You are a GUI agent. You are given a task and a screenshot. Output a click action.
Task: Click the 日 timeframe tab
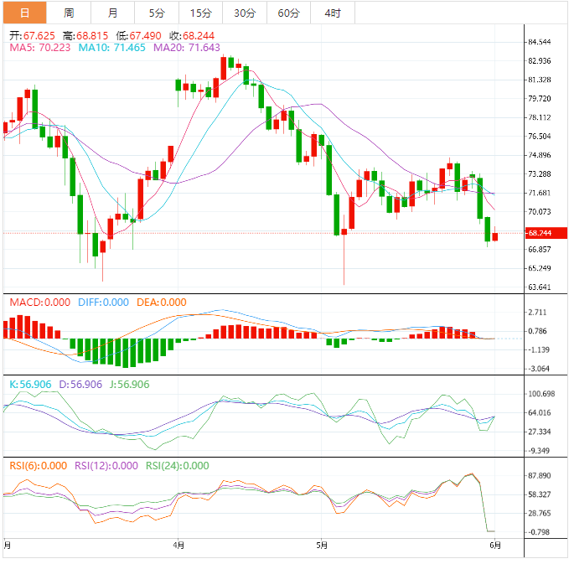(23, 13)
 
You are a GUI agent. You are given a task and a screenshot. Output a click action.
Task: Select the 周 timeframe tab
(69, 13)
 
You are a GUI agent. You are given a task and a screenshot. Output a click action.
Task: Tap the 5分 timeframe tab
(157, 13)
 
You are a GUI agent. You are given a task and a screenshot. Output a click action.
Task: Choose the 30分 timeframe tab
(245, 13)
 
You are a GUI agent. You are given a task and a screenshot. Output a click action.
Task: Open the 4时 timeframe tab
(332, 13)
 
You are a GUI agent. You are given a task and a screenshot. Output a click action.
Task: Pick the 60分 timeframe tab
(288, 13)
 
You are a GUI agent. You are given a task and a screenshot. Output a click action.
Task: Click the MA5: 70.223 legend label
(39, 49)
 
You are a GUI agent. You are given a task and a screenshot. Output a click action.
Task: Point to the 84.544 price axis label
(540, 42)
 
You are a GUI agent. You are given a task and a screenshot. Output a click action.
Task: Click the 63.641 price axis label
(540, 287)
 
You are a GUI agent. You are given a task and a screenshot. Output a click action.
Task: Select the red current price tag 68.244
(540, 233)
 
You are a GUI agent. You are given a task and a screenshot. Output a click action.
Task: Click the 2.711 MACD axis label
(537, 312)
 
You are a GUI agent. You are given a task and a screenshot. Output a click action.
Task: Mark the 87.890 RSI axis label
(540, 475)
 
